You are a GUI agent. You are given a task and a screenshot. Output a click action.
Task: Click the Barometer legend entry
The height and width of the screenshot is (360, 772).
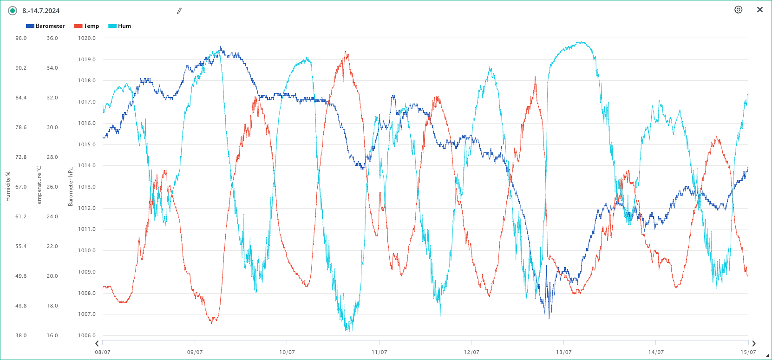click(46, 26)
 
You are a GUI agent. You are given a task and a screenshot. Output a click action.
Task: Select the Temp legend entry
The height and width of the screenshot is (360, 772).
click(87, 26)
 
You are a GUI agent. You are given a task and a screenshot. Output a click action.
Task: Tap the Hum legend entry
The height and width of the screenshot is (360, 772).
click(120, 26)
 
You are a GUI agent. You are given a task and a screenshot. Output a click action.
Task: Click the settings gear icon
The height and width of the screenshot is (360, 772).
click(738, 10)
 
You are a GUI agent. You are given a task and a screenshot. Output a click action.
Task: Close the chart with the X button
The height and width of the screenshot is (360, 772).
click(760, 10)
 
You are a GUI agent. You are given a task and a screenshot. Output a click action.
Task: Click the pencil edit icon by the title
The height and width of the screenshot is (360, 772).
click(179, 11)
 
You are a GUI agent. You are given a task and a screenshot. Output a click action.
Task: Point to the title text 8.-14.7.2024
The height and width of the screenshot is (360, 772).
click(41, 11)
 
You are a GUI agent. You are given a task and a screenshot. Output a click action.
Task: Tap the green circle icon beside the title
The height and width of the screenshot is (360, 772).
click(13, 11)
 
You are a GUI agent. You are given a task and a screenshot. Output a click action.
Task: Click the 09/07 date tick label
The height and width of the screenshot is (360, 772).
click(195, 352)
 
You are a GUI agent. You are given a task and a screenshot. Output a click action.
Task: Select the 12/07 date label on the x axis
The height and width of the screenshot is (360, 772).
click(471, 352)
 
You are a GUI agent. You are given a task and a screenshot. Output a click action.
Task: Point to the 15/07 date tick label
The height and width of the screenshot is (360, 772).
click(748, 352)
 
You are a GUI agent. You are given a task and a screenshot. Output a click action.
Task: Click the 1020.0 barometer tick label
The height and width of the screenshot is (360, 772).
click(86, 38)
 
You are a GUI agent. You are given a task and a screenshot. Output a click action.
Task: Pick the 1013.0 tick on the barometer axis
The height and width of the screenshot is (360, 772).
click(86, 187)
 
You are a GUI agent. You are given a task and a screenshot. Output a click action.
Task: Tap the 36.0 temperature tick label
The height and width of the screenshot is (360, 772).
click(52, 38)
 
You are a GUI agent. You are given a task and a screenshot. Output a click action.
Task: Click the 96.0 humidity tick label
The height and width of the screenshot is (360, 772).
click(21, 38)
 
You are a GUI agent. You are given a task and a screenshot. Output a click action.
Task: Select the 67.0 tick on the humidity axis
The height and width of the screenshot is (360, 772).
click(21, 187)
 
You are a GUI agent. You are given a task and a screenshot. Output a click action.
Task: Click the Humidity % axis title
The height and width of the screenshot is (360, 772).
click(8, 187)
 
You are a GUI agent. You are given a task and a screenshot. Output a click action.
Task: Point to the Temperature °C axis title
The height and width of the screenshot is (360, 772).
click(39, 187)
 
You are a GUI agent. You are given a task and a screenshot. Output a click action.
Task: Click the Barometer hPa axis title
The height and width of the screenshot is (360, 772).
click(71, 187)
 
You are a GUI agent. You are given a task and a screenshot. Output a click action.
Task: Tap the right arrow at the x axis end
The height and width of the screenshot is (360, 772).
click(753, 344)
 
